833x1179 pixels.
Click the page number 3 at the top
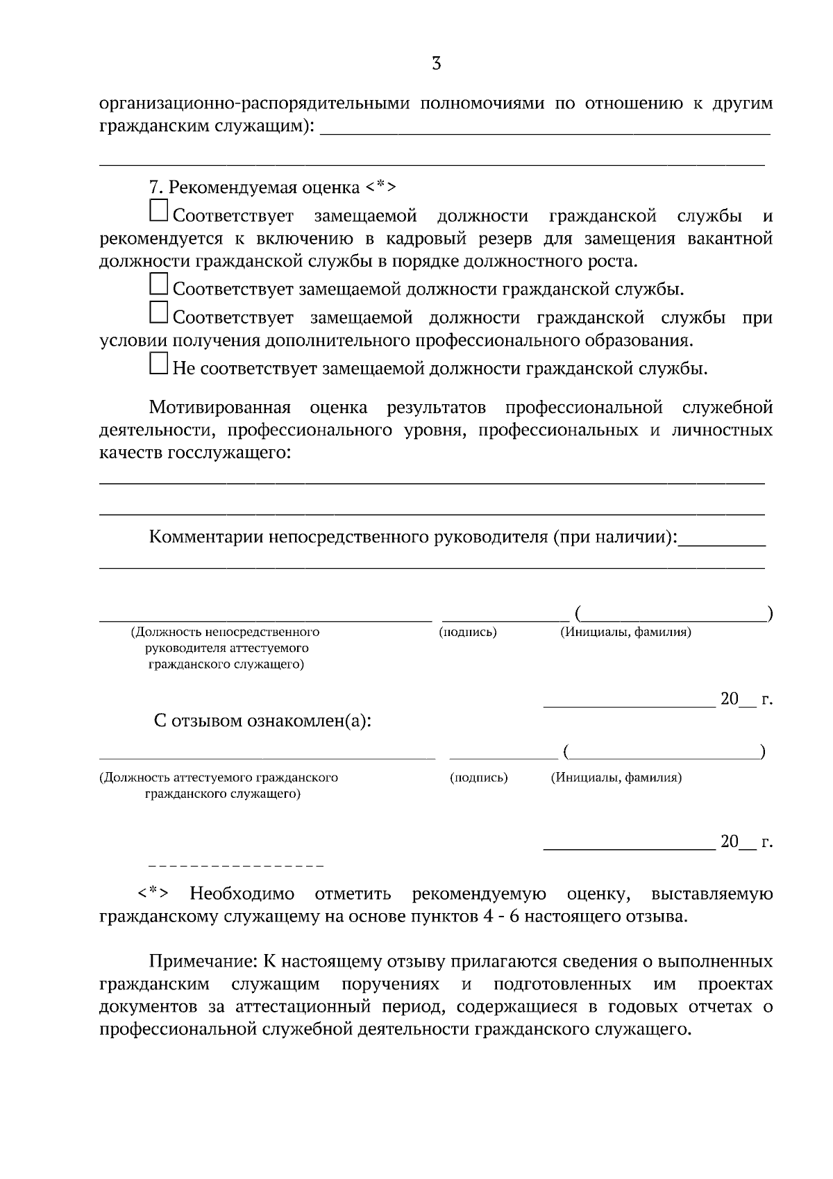click(x=436, y=64)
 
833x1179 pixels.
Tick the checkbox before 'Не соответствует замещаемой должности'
click(x=159, y=364)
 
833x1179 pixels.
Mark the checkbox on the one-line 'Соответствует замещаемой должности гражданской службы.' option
click(x=159, y=284)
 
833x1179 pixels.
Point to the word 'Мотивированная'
click(x=219, y=407)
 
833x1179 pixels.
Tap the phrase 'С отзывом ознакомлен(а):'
click(x=262, y=721)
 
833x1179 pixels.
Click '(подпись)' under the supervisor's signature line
click(x=468, y=633)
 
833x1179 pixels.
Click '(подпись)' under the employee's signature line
click(x=479, y=778)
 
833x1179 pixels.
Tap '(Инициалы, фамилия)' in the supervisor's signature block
click(x=625, y=633)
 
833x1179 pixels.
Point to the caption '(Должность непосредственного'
click(x=226, y=633)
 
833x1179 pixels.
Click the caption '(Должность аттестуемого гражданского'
click(x=219, y=778)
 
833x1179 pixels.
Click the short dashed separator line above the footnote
click(x=236, y=867)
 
